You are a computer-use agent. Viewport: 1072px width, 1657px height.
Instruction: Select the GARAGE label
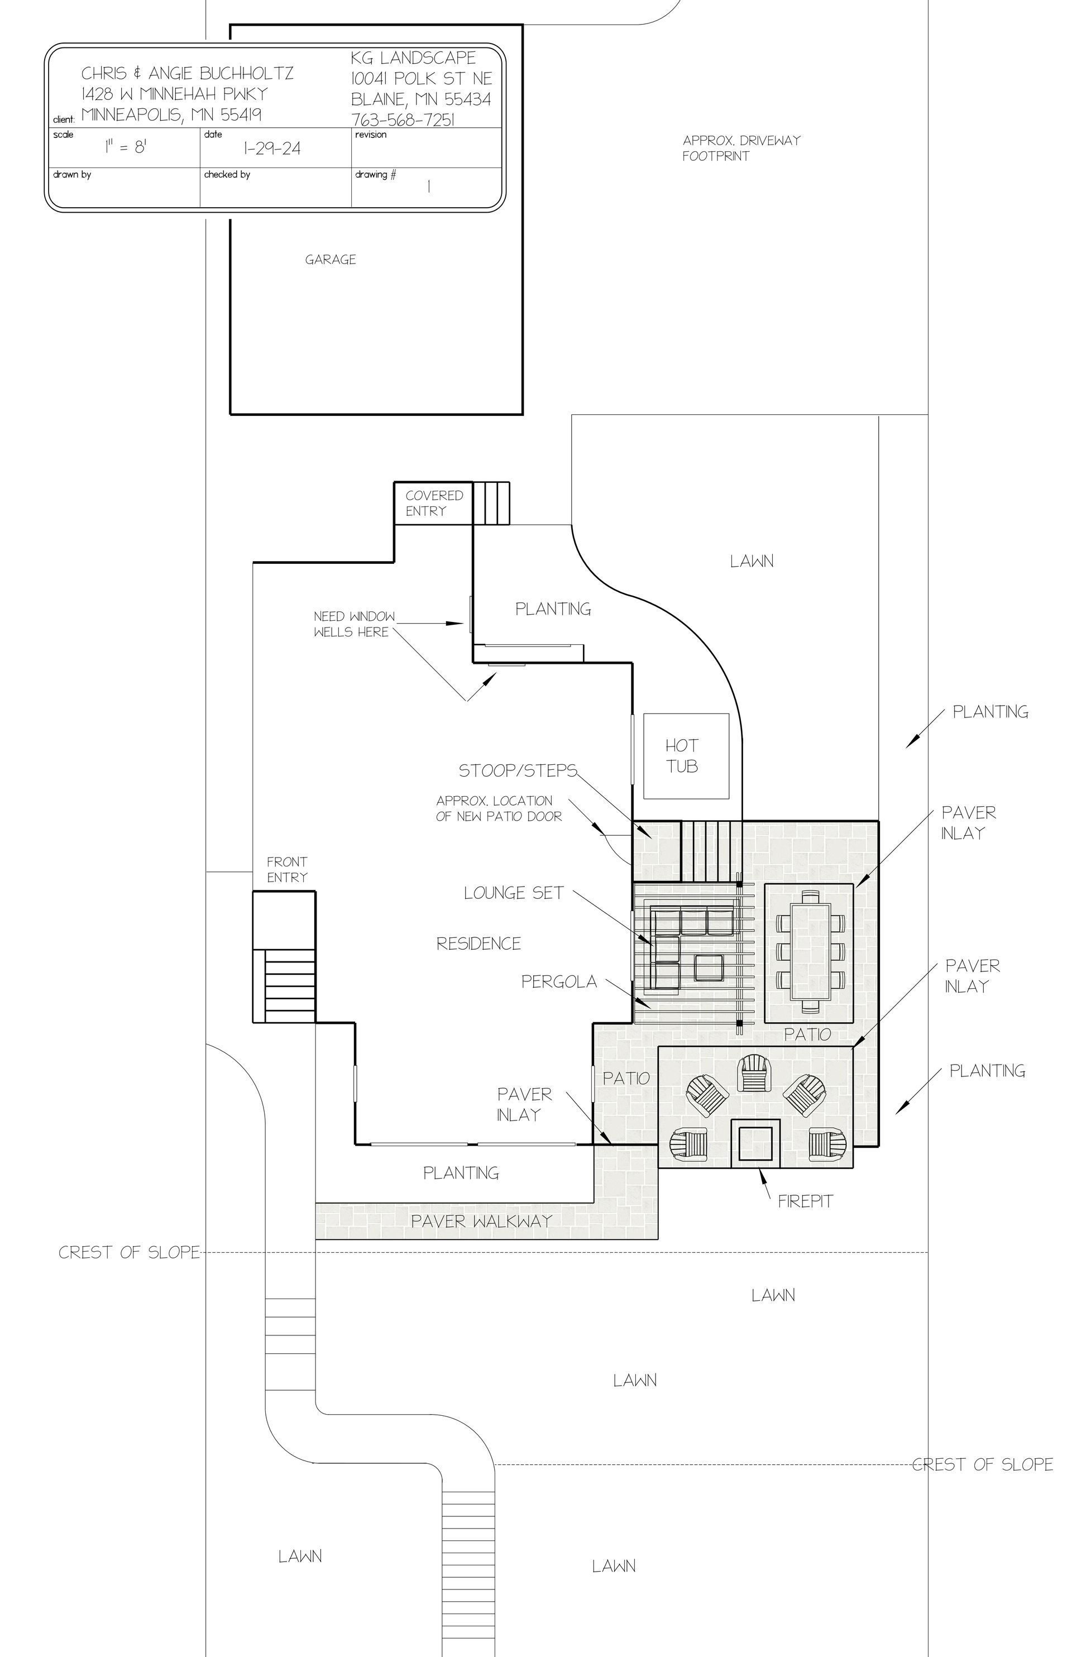tap(330, 260)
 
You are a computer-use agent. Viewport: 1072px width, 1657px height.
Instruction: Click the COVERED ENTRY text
tap(434, 502)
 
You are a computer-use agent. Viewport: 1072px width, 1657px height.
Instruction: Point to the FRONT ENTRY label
tap(287, 869)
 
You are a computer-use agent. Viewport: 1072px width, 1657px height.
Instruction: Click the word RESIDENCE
tap(478, 944)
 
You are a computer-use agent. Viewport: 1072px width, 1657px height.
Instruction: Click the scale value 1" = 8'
tap(125, 147)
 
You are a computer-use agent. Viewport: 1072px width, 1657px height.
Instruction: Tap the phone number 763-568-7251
tap(403, 119)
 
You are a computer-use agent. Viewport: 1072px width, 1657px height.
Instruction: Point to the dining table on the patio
tap(810, 951)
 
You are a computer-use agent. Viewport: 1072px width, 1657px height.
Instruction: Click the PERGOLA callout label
tap(559, 981)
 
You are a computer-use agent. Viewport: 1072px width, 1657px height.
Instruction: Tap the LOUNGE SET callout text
tap(514, 893)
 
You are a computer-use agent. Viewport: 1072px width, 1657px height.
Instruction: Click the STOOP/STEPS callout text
tap(518, 770)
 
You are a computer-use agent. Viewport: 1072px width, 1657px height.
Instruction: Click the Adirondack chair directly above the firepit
tap(755, 1073)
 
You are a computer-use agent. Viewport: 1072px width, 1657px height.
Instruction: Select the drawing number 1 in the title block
tap(429, 186)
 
